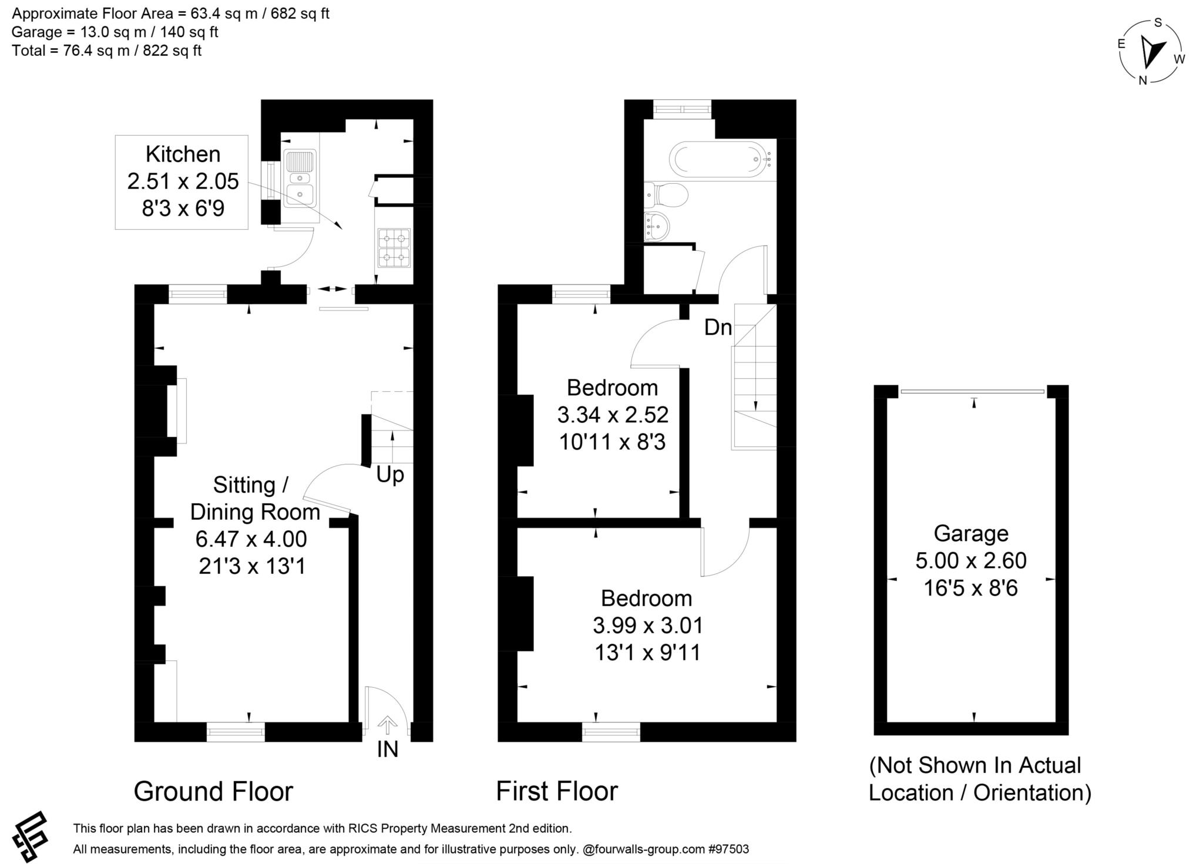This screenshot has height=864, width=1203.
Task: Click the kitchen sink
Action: pos(300,179)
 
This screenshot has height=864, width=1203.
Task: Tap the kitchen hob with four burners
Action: pos(394,248)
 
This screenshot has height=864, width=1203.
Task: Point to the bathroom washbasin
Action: pos(657,226)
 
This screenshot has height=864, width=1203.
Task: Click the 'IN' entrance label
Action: pos(388,749)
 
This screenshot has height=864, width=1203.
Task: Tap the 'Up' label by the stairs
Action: pos(390,474)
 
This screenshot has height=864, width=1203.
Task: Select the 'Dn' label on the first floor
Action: pos(718,327)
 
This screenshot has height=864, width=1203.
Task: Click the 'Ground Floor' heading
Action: pos(213,791)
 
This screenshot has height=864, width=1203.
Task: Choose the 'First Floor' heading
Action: pos(557,791)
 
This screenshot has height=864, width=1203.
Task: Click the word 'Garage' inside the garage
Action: pos(971,533)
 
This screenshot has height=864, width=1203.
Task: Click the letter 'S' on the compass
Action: pos(1158,23)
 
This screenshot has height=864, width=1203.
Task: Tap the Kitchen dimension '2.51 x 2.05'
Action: pos(183,181)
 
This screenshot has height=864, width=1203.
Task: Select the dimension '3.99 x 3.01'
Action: pos(648,626)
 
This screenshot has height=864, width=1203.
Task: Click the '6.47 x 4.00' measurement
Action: pos(251,539)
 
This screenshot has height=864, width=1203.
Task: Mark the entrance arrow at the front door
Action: pos(387,725)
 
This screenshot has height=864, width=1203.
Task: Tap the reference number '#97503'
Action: pos(729,849)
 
